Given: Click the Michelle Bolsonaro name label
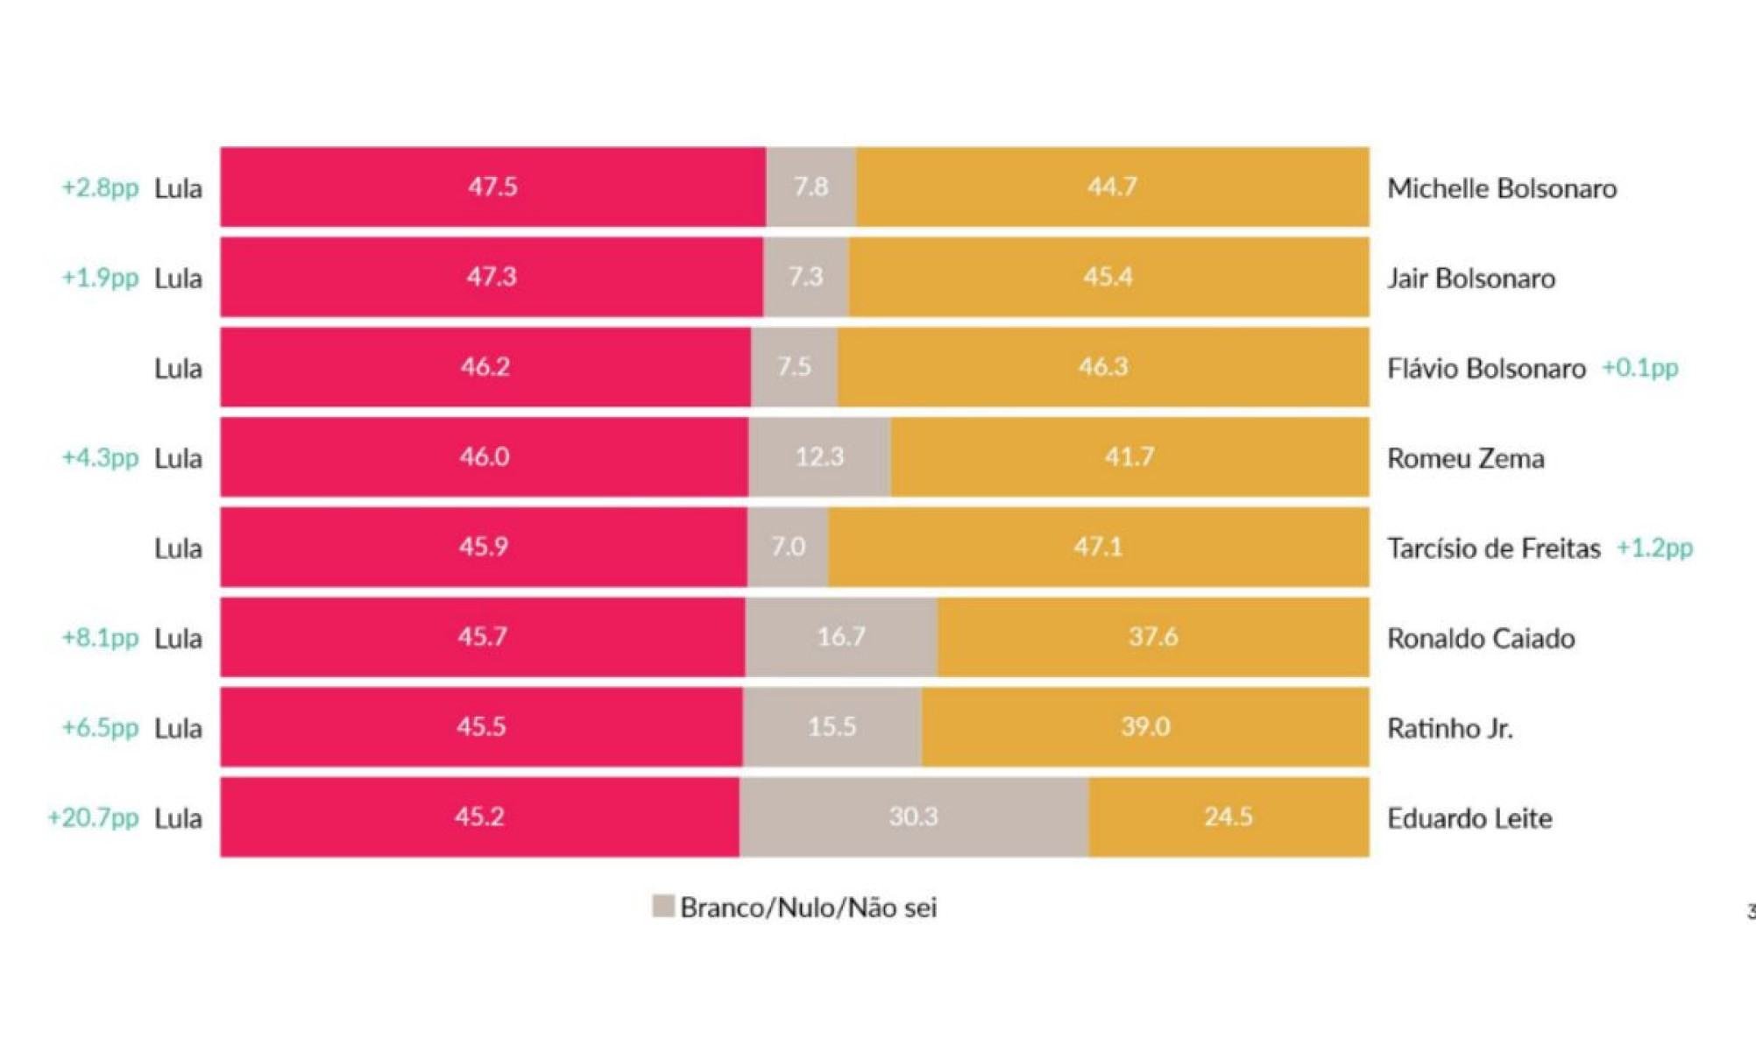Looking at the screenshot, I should (x=1501, y=188).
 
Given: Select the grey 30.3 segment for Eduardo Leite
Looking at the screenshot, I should (x=914, y=816).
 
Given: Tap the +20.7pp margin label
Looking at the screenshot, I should (x=93, y=817).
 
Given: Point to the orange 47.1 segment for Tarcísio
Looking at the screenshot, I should (x=1098, y=547).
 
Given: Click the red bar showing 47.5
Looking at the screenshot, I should (x=492, y=187).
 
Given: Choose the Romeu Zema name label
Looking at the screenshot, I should (x=1465, y=458).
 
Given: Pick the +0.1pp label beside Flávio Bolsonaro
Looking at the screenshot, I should (x=1639, y=368).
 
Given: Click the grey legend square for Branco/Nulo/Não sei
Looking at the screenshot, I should (x=663, y=906).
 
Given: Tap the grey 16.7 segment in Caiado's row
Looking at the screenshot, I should (x=841, y=636).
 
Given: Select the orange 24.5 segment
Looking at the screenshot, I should (x=1228, y=816).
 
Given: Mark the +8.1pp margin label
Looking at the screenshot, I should (x=100, y=637).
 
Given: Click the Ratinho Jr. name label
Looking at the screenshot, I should (x=1449, y=728).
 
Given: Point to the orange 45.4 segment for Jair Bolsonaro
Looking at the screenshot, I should (x=1108, y=277).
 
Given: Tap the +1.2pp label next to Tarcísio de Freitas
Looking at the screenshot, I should (x=1654, y=548).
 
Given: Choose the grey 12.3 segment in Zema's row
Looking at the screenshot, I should (x=819, y=456).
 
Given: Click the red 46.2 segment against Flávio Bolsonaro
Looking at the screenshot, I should (x=485, y=366).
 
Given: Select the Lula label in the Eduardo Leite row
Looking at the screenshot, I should (x=178, y=818).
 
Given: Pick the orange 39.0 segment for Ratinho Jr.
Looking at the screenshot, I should (x=1145, y=726).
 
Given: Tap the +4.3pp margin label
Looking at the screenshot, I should (x=100, y=457).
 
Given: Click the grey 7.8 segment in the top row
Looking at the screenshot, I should (x=811, y=187).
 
